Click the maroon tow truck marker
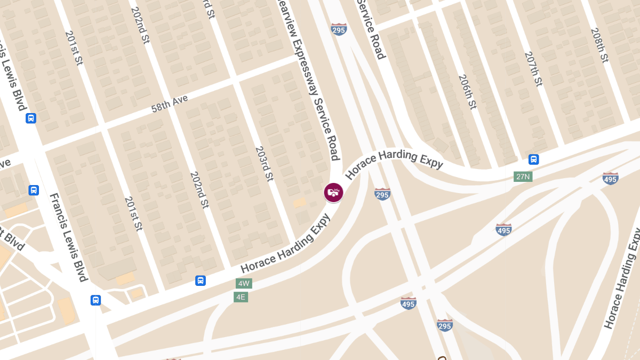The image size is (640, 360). pos(333,193)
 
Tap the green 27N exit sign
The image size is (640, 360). pos(523,177)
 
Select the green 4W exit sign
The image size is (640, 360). pos(244,283)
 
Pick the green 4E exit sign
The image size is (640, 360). pos(241,297)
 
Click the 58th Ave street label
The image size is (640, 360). pos(170,100)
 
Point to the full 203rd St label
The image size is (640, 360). pos(264,163)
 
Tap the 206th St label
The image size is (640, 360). pos(467,92)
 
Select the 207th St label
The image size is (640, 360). pos(533,69)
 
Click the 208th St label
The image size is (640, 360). pos(599,45)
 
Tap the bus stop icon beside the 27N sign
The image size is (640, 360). pos(533,159)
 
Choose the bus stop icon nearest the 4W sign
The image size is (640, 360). pos(201,281)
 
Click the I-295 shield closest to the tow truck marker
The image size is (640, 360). pos(382,194)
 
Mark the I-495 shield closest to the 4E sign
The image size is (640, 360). pos(408,303)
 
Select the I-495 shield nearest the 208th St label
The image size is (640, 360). pos(610,178)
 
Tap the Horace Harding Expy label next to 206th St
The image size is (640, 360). pos(394,159)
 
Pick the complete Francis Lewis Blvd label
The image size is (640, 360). pos(68,237)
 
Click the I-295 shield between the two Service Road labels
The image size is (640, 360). pos(339,29)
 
